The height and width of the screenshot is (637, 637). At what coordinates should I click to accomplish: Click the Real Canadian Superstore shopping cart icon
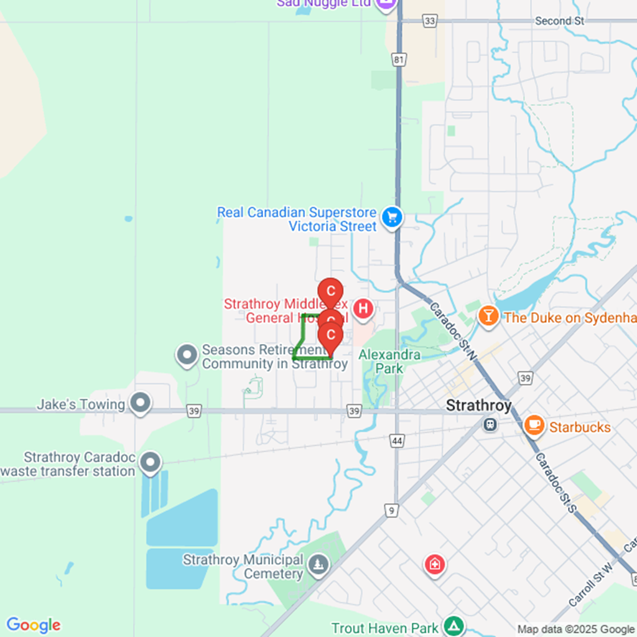pos(392,217)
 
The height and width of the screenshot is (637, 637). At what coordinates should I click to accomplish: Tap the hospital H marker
pos(363,308)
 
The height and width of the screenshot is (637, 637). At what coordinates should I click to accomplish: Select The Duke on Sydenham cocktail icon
pos(488,316)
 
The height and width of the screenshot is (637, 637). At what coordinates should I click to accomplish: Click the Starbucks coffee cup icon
pos(533,425)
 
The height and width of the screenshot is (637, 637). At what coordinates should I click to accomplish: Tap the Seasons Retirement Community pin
pos(187,356)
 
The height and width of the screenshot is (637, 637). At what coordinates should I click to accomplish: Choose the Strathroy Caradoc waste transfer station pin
pos(150,463)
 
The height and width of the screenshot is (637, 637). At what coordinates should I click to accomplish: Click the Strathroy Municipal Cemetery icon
pos(319,565)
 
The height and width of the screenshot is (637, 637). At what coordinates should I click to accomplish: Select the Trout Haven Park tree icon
pos(455,625)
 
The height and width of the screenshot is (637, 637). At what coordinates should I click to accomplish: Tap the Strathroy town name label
pos(478,406)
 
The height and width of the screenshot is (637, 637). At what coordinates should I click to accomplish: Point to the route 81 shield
pos(399,60)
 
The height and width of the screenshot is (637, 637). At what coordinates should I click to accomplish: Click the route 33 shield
pos(429,21)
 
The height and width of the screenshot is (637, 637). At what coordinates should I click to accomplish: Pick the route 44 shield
pos(396,441)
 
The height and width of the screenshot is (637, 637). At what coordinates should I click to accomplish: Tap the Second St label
pos(560,21)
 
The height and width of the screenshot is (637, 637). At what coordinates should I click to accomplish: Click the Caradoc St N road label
pos(452,332)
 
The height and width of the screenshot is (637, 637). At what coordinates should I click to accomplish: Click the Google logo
pos(33,625)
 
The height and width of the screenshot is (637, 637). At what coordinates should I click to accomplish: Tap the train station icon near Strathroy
pos(490,424)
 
